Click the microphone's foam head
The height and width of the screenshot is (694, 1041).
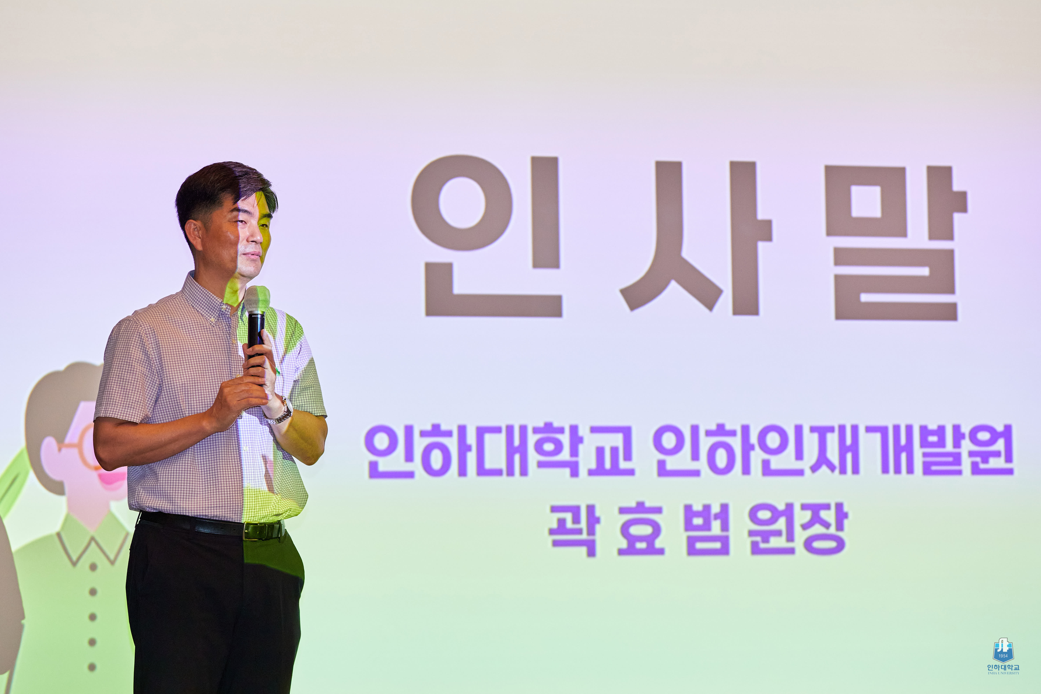[257, 299]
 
